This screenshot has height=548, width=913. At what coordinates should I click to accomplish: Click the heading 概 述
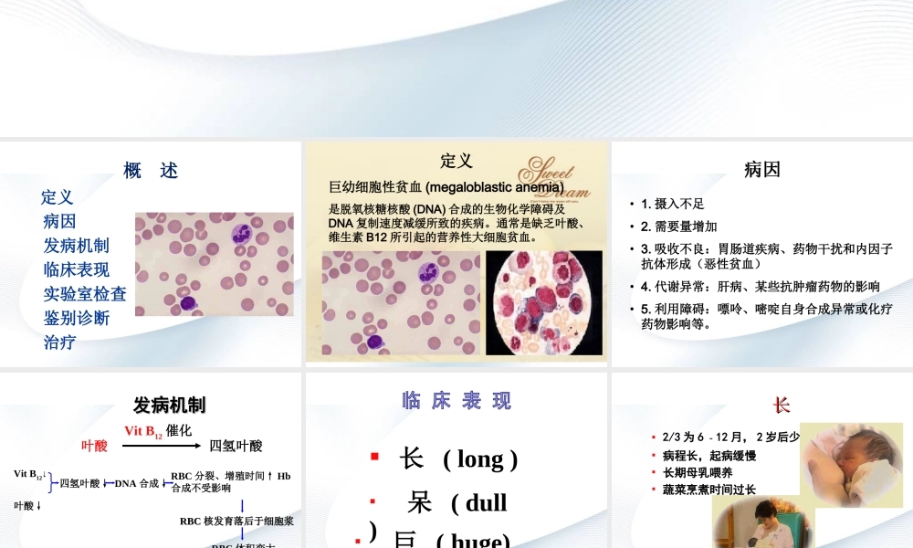(x=151, y=171)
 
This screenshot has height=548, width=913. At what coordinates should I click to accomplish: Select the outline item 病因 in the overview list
(x=59, y=221)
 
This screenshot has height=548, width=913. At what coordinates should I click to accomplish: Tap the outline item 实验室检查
(x=85, y=294)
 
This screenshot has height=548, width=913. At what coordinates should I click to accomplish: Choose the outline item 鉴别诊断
(x=77, y=318)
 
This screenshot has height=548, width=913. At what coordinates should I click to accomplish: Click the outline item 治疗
(x=59, y=342)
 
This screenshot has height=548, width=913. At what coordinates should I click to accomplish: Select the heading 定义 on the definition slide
(x=456, y=161)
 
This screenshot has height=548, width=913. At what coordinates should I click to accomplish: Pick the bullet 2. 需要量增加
(x=678, y=227)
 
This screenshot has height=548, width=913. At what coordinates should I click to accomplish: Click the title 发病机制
(x=169, y=405)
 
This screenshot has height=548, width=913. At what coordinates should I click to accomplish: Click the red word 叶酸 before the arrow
(x=95, y=446)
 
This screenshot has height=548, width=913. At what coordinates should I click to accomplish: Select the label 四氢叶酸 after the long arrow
(x=236, y=446)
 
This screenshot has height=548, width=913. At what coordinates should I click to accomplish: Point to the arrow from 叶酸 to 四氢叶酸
(x=163, y=446)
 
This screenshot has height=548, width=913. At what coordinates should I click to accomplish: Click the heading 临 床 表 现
(x=456, y=401)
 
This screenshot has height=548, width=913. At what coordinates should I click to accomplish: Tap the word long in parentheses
(x=481, y=458)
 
